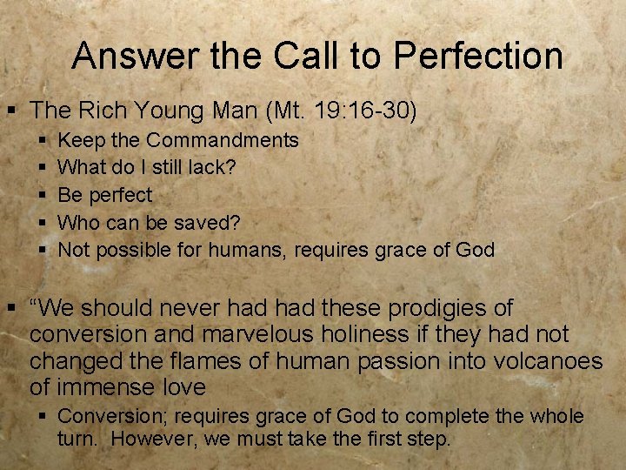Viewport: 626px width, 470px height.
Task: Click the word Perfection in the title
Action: (x=478, y=57)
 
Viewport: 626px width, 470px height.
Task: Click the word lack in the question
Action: (x=216, y=167)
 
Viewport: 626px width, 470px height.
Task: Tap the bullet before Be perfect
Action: (x=44, y=195)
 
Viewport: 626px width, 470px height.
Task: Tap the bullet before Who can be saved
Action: (x=44, y=223)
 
